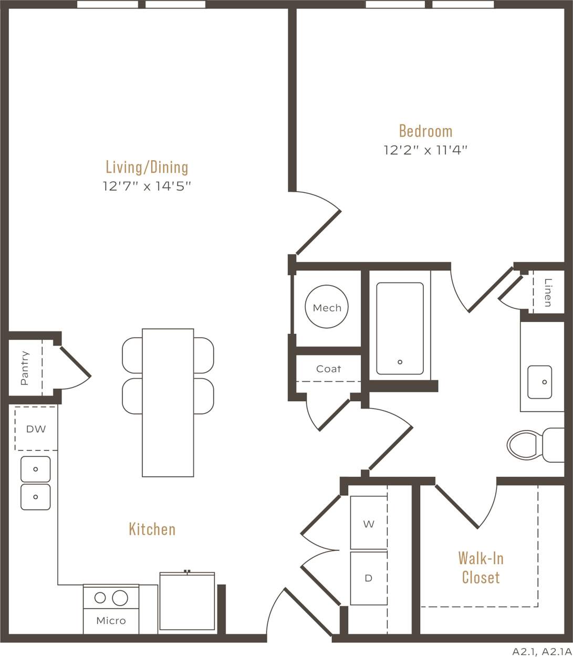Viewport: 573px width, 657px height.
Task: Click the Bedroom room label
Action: pyautogui.click(x=425, y=130)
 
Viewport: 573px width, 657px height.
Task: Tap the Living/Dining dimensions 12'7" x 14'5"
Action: pyautogui.click(x=147, y=186)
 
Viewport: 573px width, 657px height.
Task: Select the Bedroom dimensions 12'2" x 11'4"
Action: pyautogui.click(x=425, y=150)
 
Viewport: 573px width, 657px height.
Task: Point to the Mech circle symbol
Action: pyautogui.click(x=327, y=307)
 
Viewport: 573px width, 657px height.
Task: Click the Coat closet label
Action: pyautogui.click(x=328, y=369)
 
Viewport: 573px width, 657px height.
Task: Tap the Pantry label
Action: pyautogui.click(x=25, y=368)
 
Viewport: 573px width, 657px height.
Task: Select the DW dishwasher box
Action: pyautogui.click(x=36, y=429)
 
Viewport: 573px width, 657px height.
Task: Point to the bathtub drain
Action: pyautogui.click(x=400, y=362)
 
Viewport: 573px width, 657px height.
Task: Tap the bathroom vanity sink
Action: pyautogui.click(x=539, y=382)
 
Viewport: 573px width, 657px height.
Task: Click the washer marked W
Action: pyautogui.click(x=369, y=524)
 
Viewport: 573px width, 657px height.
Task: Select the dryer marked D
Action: pyautogui.click(x=369, y=578)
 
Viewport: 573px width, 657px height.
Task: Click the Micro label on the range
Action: pyautogui.click(x=111, y=621)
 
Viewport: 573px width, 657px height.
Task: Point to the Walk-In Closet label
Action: pyautogui.click(x=480, y=567)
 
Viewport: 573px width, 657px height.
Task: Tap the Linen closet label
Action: pyautogui.click(x=548, y=293)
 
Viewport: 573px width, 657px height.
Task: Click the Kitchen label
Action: pyautogui.click(x=152, y=529)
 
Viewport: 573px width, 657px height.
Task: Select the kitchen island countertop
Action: pyautogui.click(x=168, y=402)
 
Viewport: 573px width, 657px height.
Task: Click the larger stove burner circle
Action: pyautogui.click(x=120, y=598)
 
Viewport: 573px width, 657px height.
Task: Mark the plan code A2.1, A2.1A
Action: pyautogui.click(x=541, y=652)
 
